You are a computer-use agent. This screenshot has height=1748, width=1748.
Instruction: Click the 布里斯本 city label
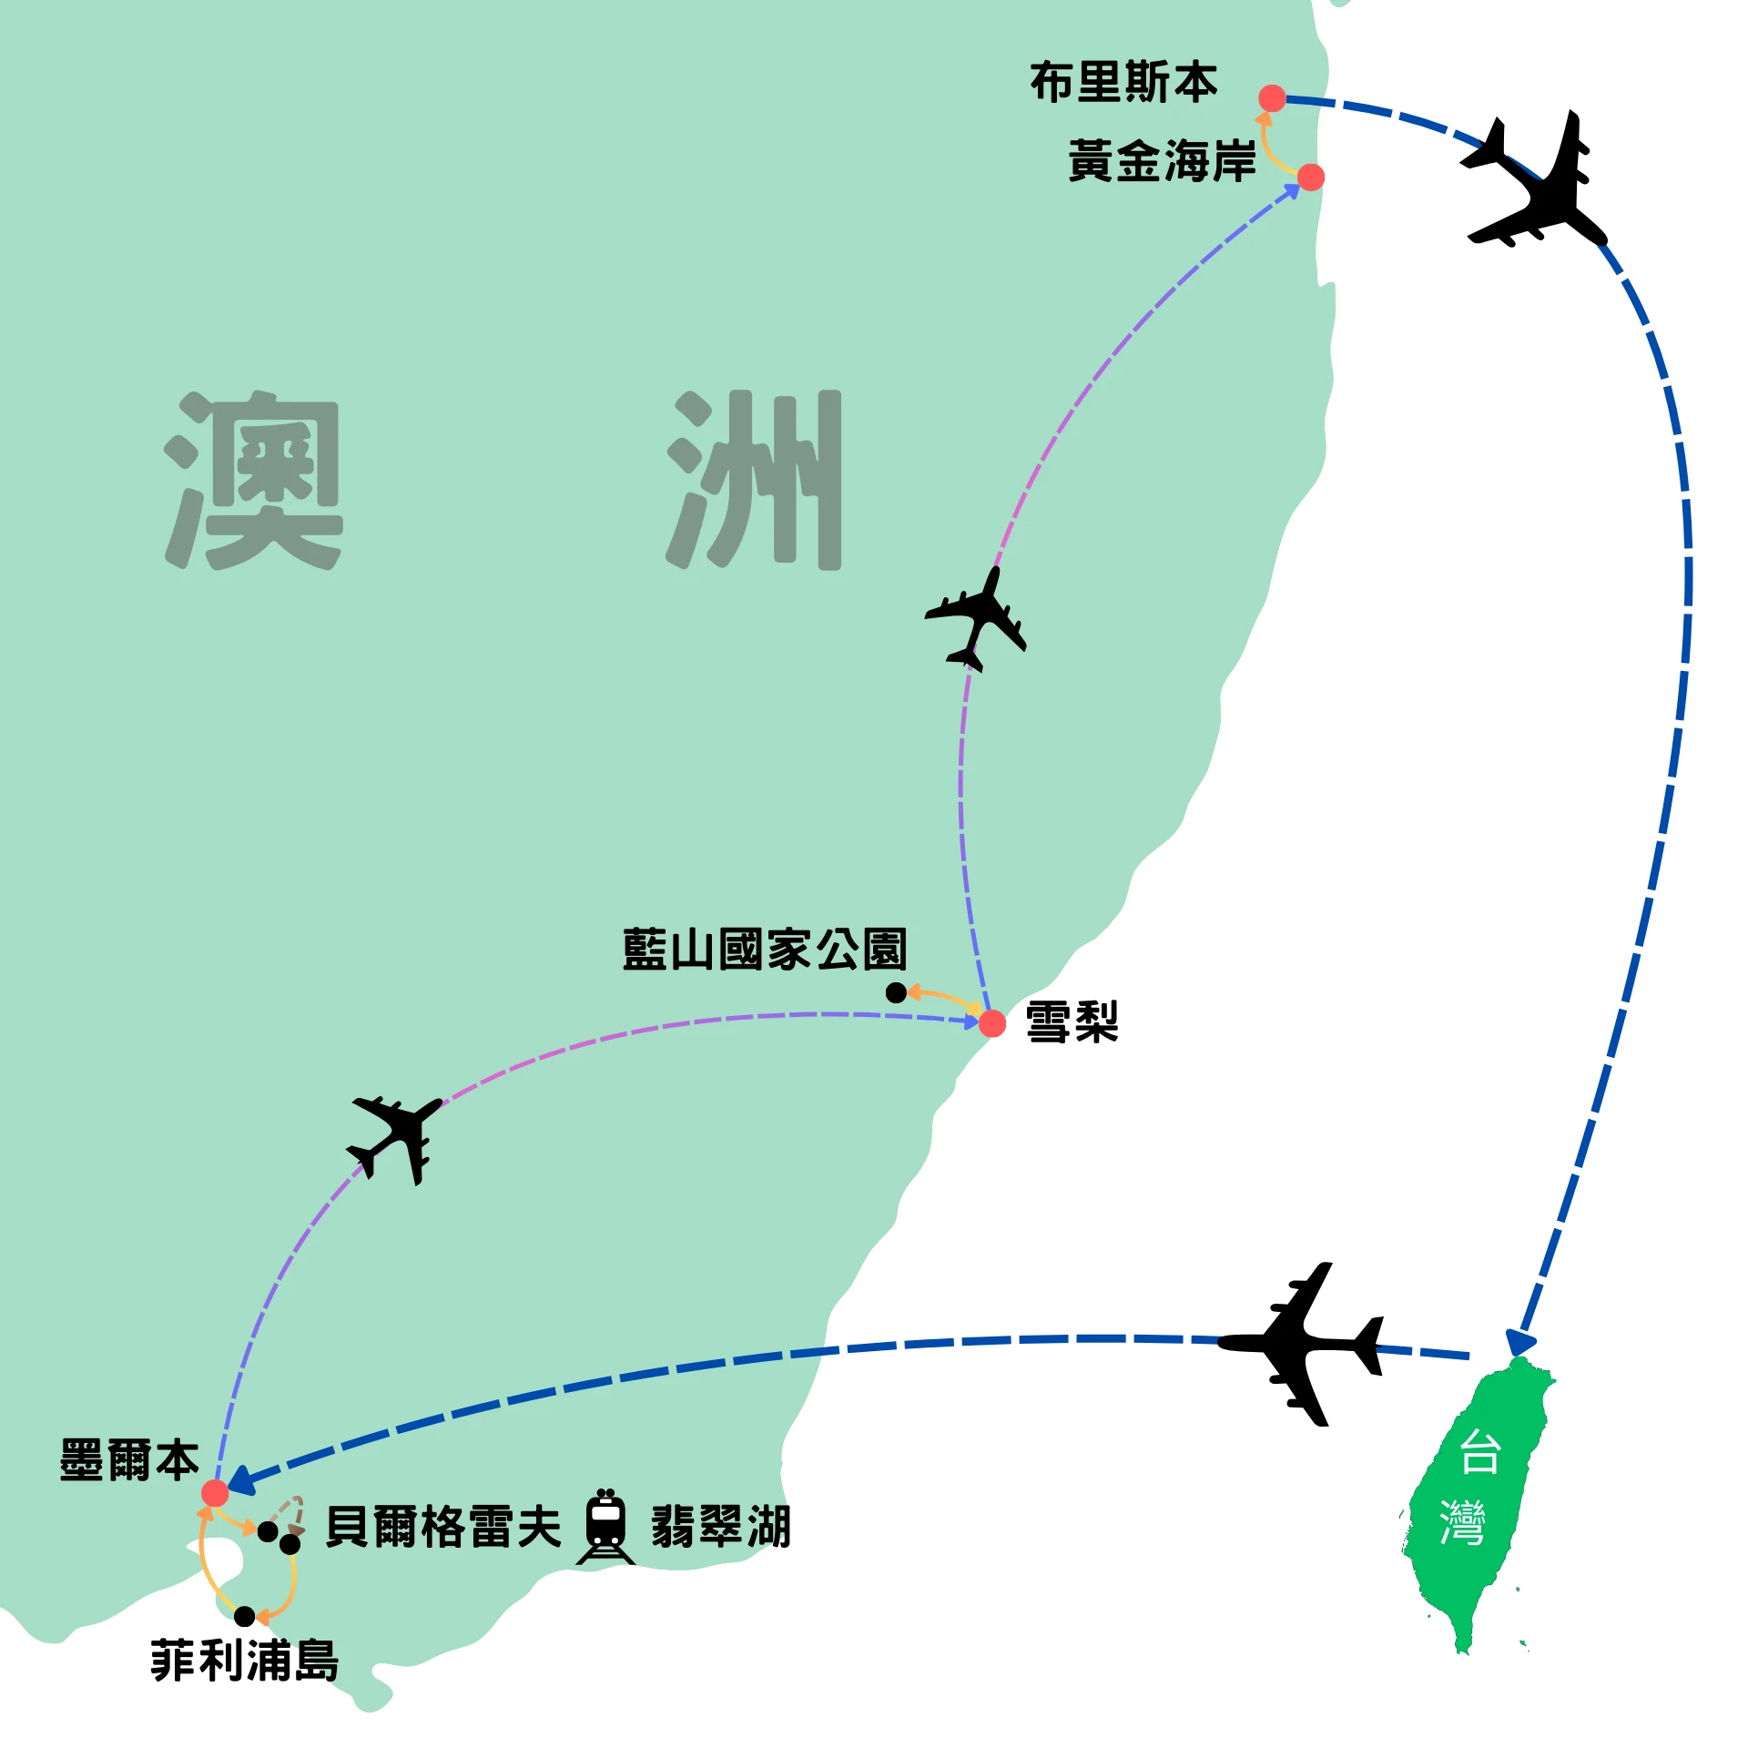pos(1123,83)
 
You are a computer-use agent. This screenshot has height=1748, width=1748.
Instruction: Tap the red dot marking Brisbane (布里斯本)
pos(1272,98)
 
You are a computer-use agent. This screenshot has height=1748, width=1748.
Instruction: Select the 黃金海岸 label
pos(1162,162)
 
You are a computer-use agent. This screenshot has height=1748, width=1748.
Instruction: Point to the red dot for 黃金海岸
pos(1310,178)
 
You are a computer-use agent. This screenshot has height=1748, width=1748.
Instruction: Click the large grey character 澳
pos(254,481)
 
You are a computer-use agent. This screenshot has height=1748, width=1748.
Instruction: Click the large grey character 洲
pos(756,481)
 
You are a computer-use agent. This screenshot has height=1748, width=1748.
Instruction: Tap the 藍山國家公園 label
pos(765,950)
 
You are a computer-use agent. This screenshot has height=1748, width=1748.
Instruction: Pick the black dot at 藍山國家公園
pos(896,993)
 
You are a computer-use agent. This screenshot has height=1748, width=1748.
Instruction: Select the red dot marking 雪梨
pos(992,1024)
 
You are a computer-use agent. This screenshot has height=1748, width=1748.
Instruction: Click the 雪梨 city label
pos(1072,1021)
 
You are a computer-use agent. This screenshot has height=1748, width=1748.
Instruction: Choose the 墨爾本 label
pos(128,1461)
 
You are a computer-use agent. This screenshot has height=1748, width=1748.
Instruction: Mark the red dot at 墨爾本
pos(215,1493)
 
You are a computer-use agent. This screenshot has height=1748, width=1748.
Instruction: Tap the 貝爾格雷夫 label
pos(443,1527)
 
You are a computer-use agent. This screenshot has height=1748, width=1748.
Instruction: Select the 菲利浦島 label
pos(245,1661)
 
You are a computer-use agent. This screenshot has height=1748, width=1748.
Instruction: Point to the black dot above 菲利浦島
pos(244,1617)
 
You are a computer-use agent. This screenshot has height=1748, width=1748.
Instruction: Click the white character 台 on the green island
pos(1479,1454)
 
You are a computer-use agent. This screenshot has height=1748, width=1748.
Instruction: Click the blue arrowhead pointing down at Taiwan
pos(1520,1344)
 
